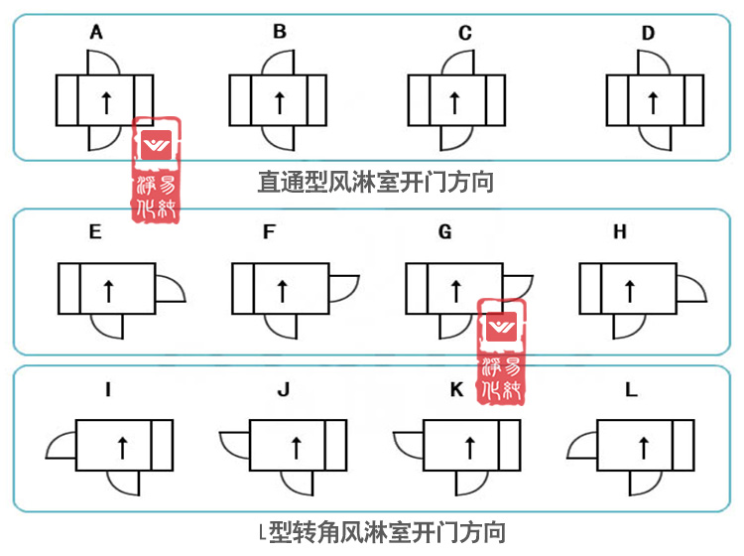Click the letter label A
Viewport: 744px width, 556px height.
point(96,33)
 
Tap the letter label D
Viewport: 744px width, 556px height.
point(648,33)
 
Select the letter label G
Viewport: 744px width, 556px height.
point(444,232)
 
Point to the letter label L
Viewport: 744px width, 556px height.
point(631,390)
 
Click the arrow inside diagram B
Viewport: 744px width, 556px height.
point(279,100)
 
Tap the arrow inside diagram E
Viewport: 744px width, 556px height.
point(107,290)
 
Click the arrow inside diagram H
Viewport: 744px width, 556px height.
point(627,289)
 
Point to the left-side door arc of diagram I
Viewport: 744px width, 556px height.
point(62,445)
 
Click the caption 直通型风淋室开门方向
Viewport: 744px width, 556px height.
point(376,182)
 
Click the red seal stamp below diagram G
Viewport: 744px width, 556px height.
point(502,349)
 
